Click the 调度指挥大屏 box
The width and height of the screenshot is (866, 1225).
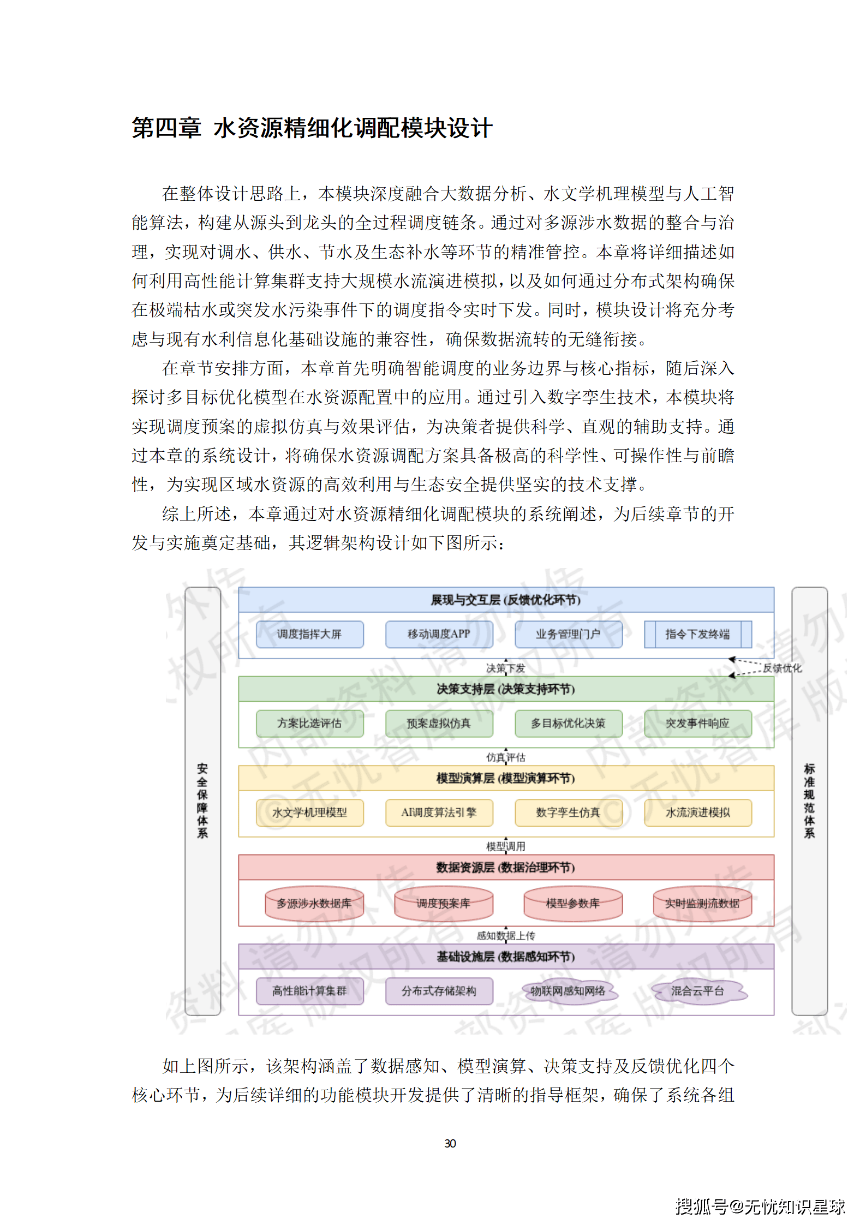click(309, 634)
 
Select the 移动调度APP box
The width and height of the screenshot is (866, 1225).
click(439, 634)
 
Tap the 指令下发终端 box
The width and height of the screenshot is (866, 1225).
click(697, 634)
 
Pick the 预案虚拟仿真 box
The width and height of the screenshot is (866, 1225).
click(439, 723)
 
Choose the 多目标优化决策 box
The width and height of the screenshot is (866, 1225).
click(568, 723)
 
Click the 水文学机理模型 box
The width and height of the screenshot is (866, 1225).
click(309, 812)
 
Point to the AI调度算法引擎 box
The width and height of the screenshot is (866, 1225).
click(439, 812)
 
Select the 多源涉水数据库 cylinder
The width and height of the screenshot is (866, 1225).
click(314, 904)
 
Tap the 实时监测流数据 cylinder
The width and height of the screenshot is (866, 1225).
click(702, 904)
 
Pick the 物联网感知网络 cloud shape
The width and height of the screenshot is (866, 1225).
click(568, 991)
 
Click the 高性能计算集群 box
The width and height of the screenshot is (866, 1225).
click(309, 991)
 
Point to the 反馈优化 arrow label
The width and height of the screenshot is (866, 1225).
click(782, 668)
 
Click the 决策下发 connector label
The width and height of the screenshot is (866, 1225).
click(505, 668)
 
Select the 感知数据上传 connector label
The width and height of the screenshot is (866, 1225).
click(505, 935)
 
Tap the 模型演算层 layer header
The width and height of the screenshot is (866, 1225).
click(505, 778)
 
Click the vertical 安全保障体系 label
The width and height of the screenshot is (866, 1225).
click(202, 800)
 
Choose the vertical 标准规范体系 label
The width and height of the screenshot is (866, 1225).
click(809, 800)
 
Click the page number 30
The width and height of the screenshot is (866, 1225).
click(450, 1143)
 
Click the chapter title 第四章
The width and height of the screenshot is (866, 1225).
click(166, 128)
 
